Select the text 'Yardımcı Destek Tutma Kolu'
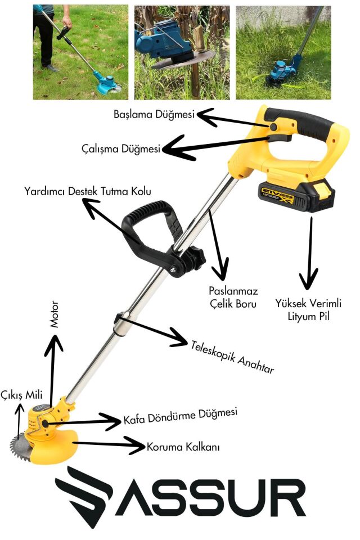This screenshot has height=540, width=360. [x=87, y=191]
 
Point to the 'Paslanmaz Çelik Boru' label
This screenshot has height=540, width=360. [x=233, y=298]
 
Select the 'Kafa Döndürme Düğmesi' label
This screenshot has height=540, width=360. [x=180, y=417]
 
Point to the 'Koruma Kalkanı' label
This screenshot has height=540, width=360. [x=183, y=447]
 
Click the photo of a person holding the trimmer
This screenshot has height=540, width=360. [x=80, y=52]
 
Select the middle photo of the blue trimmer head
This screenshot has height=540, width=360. [x=182, y=52]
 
